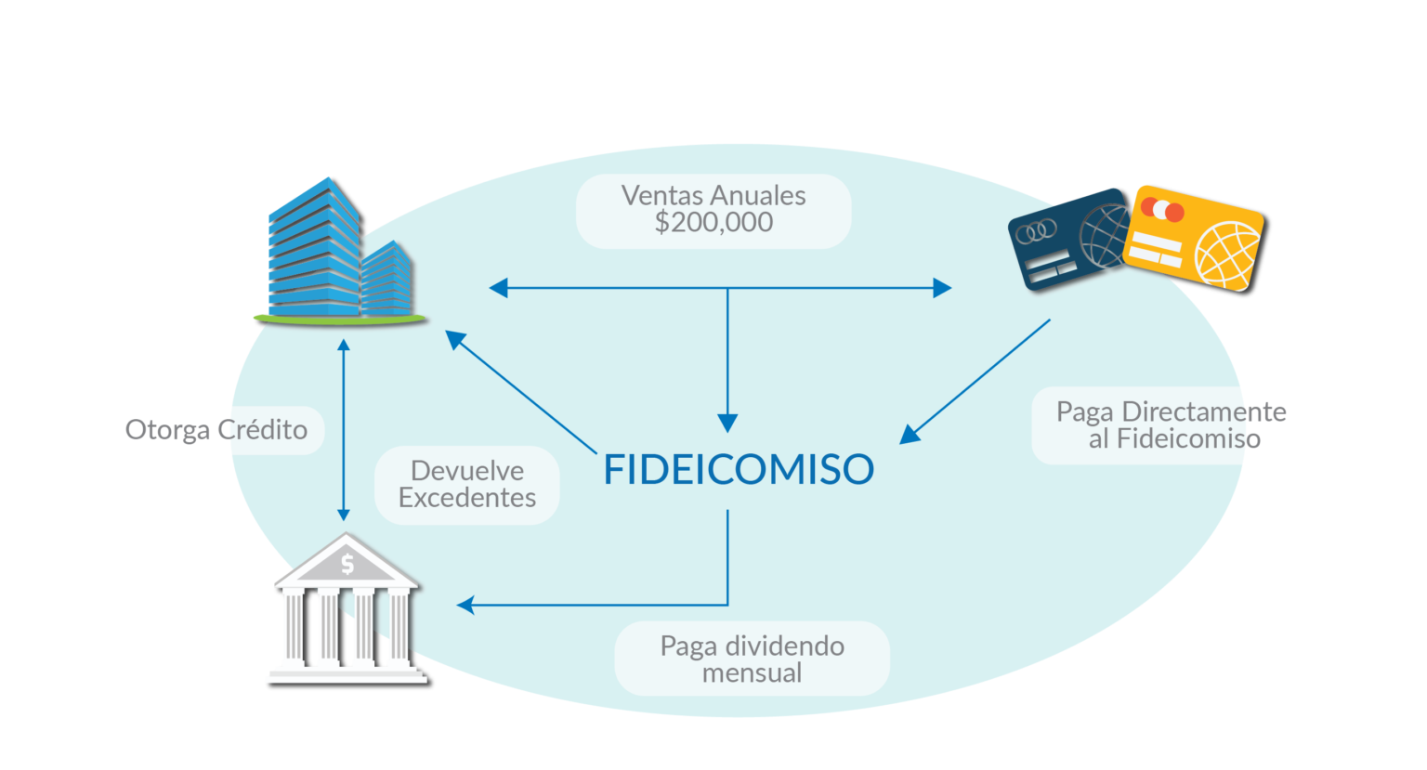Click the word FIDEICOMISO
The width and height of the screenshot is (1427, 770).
click(739, 469)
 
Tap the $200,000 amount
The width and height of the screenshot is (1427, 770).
click(713, 222)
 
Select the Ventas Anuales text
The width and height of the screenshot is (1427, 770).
click(713, 196)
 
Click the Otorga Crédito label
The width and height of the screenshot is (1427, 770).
click(216, 430)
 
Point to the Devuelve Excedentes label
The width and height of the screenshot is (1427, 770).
click(467, 485)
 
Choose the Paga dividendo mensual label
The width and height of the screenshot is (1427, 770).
click(753, 659)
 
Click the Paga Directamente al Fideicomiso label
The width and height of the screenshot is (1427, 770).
click(1172, 424)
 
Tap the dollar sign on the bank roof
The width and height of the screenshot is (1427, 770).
click(347, 565)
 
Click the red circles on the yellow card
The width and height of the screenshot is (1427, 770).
click(1162, 210)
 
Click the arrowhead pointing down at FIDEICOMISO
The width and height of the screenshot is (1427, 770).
click(727, 423)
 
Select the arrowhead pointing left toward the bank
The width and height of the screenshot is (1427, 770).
click(465, 605)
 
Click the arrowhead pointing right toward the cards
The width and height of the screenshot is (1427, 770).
click(942, 288)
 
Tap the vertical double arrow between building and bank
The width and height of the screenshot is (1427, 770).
click(344, 431)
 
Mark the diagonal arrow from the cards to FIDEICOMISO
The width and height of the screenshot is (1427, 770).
click(975, 382)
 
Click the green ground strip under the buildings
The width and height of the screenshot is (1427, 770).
click(340, 320)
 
